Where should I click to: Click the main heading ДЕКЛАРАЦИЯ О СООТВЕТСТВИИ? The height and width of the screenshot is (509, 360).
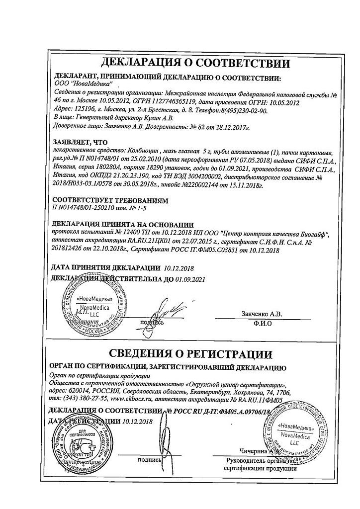pyautogui.click(x=195, y=64)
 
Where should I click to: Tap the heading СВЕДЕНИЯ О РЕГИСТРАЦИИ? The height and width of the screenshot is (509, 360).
pyautogui.click(x=190, y=354)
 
